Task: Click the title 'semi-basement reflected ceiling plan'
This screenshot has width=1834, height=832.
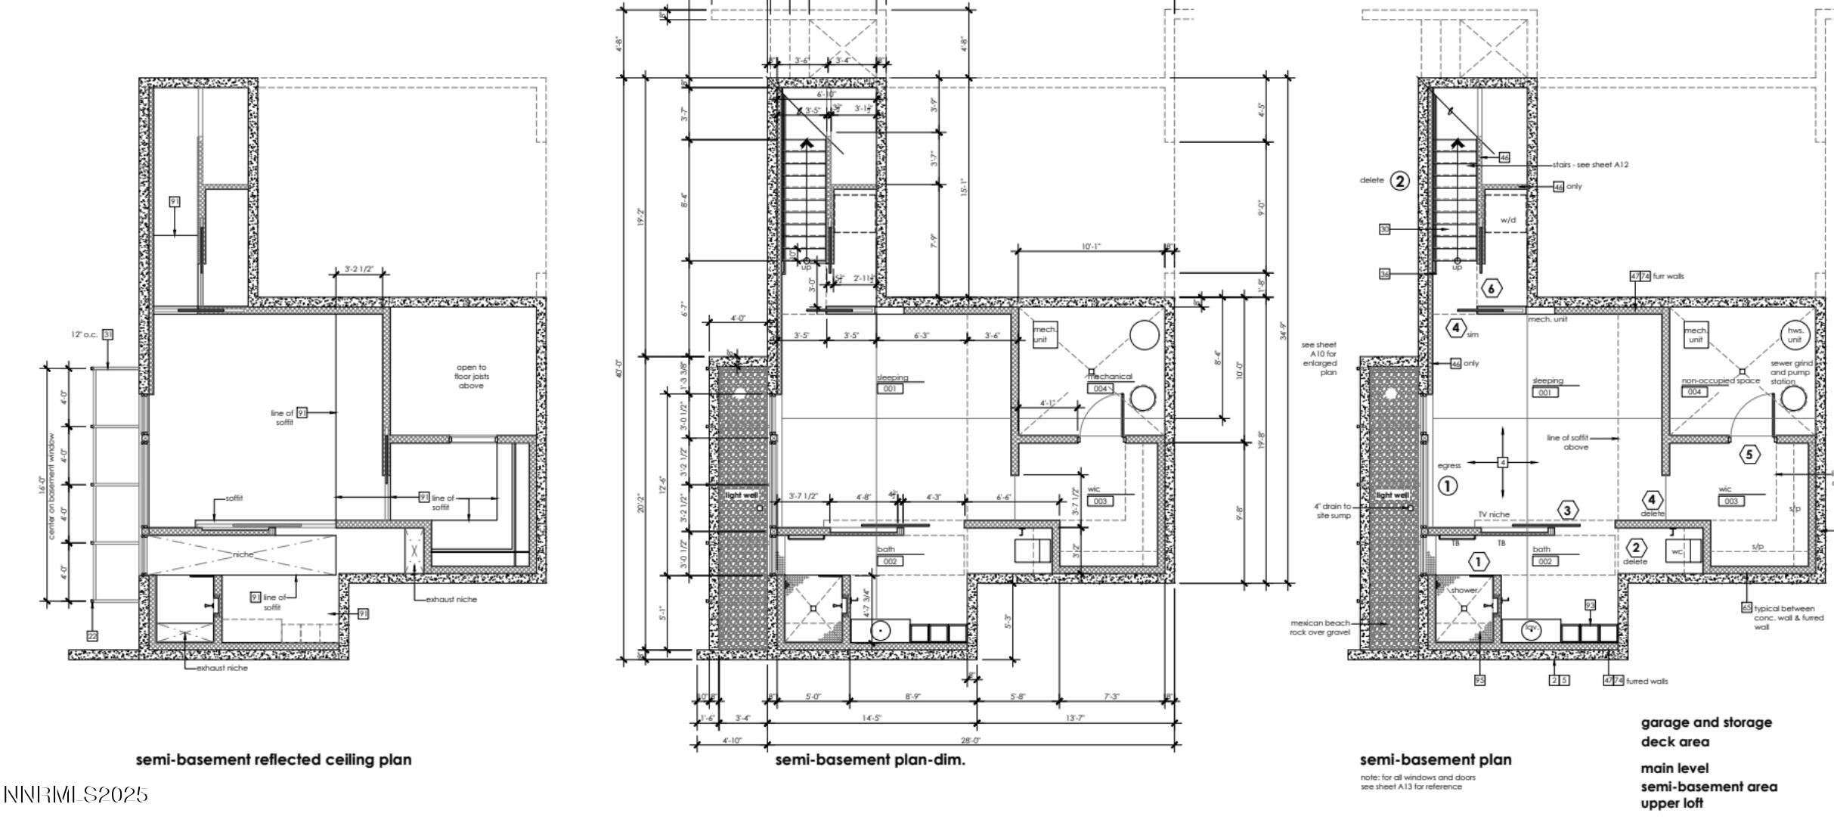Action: pyautogui.click(x=274, y=759)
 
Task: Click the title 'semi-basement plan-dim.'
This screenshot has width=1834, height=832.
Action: pyautogui.click(x=870, y=759)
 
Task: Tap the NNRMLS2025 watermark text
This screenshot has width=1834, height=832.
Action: pyautogui.click(x=76, y=795)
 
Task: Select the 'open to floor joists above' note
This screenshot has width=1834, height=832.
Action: pyautogui.click(x=471, y=376)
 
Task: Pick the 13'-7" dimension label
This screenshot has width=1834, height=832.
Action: pyautogui.click(x=1074, y=718)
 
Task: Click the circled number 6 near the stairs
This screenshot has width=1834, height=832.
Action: pyautogui.click(x=1491, y=288)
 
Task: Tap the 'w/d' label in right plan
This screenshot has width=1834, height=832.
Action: pyautogui.click(x=1508, y=220)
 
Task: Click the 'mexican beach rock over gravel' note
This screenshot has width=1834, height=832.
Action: pyautogui.click(x=1319, y=627)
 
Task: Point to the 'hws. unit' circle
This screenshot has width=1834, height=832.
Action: pyautogui.click(x=1794, y=334)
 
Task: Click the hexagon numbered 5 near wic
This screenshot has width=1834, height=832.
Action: pyautogui.click(x=1749, y=455)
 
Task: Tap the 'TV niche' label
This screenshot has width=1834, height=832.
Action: pyautogui.click(x=1494, y=514)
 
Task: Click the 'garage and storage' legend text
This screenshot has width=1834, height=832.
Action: pyautogui.click(x=1705, y=722)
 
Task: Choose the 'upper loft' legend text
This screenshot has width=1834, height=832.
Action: pyautogui.click(x=1671, y=803)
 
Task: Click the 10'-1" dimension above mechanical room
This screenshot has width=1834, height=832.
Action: pyautogui.click(x=1091, y=247)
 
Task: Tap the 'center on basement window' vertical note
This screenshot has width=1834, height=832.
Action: pyautogui.click(x=52, y=485)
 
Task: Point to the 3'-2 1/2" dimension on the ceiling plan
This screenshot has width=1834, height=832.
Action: pyautogui.click(x=360, y=269)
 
